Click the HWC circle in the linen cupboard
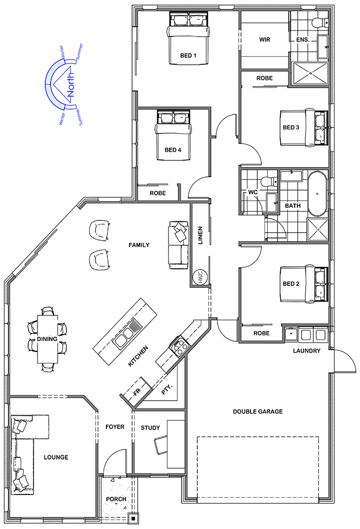[x=199, y=278]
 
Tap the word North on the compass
[x=71, y=84]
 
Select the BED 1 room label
[x=188, y=55]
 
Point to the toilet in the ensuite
[x=319, y=22]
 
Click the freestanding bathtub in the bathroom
[x=318, y=194]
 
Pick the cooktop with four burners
[x=179, y=346]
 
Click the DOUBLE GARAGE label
[x=258, y=412]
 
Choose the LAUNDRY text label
[x=306, y=351]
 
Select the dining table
[x=47, y=339]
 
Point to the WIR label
[x=265, y=40]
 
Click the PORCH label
[x=116, y=499]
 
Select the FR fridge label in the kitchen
[x=137, y=392]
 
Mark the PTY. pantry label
[x=167, y=390]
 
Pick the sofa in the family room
[x=178, y=245]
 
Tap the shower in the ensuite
[x=310, y=73]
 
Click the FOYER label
[x=115, y=427]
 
